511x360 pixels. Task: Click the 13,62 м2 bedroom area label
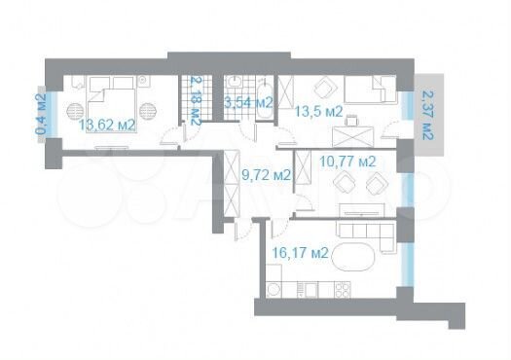click(107, 124)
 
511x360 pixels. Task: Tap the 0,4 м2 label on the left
click(41, 113)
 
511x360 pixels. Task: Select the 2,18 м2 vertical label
click(196, 102)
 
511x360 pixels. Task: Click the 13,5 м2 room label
click(318, 111)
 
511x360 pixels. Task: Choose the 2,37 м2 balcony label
click(427, 115)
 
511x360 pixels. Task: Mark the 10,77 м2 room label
click(348, 161)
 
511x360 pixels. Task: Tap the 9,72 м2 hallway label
click(265, 175)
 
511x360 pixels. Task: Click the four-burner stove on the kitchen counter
click(342, 289)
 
